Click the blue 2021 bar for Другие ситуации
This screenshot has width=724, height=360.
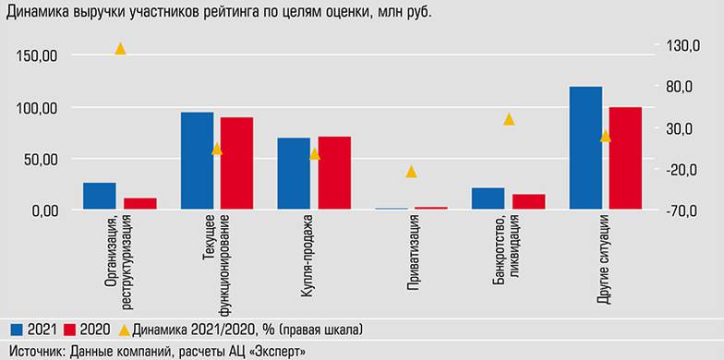585,148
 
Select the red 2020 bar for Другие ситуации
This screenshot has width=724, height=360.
624,158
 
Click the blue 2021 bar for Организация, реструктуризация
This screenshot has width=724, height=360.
100,196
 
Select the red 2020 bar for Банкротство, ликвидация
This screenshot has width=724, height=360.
528,201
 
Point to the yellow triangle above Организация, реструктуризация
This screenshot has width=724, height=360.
119,48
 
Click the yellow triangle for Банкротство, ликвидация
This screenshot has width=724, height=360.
508,119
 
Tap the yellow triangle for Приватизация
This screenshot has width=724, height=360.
411,172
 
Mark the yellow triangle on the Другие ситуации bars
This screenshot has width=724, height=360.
606,137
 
